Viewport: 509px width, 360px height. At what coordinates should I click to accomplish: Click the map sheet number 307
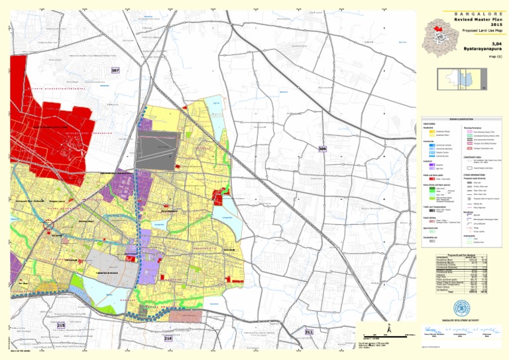pyautogui.click(x=115, y=70)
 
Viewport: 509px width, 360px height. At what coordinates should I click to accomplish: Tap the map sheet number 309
pyautogui.click(x=322, y=149)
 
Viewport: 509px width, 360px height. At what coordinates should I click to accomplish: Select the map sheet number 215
pyautogui.click(x=61, y=326)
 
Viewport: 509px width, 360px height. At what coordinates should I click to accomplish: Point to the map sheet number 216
pyautogui.click(x=168, y=338)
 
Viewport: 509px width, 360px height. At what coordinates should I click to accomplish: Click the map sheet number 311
pyautogui.click(x=308, y=331)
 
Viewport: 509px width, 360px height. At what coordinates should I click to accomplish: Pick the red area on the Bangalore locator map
pyautogui.click(x=436, y=27)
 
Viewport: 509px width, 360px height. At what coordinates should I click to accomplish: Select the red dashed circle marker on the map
pyautogui.click(x=48, y=225)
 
